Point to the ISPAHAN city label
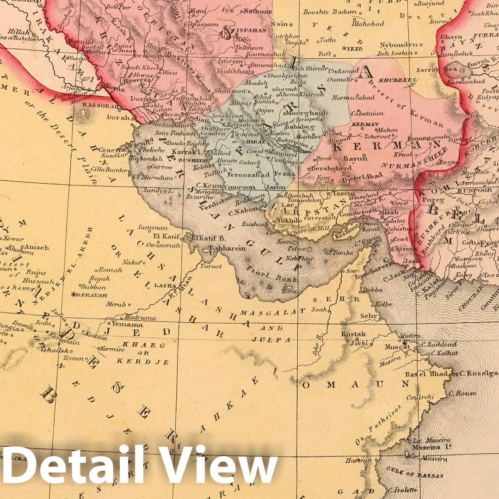(252, 30)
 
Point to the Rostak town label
(354, 333)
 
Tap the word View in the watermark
(225, 464)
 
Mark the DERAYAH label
(91, 295)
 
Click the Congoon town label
(239, 187)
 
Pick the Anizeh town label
(36, 247)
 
